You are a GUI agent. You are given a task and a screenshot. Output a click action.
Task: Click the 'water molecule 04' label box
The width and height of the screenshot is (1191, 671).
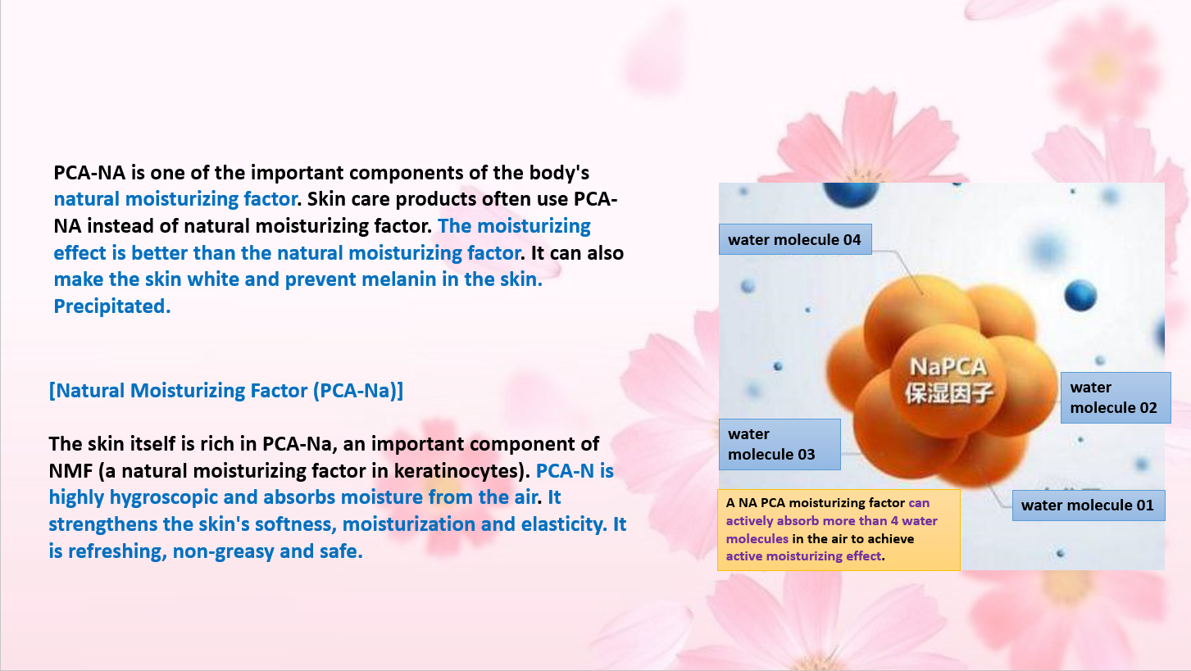795,239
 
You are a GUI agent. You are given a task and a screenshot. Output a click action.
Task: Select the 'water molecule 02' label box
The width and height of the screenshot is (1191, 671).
1116,397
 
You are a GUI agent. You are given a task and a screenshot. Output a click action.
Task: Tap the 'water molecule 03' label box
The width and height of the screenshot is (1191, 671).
780,444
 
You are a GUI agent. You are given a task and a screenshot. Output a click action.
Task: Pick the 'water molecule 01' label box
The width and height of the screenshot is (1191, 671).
1089,506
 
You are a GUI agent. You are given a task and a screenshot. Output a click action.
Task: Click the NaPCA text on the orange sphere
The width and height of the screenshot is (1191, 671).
948,366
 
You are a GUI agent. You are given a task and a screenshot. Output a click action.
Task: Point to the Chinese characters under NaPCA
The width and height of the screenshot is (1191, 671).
949,392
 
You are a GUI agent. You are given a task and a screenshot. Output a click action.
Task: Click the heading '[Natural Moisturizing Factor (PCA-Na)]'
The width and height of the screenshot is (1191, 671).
226,391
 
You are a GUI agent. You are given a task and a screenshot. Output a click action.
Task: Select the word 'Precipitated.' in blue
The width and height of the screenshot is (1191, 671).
112,306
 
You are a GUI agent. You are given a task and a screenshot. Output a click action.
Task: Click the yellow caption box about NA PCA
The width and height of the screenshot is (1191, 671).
839,530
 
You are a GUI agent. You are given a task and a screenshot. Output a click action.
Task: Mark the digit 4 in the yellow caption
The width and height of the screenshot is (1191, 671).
894,520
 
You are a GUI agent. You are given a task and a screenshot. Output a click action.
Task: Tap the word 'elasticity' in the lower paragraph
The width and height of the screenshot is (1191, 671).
564,524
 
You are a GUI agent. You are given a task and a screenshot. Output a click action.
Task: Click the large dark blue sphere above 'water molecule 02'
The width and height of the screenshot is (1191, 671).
1080,295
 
